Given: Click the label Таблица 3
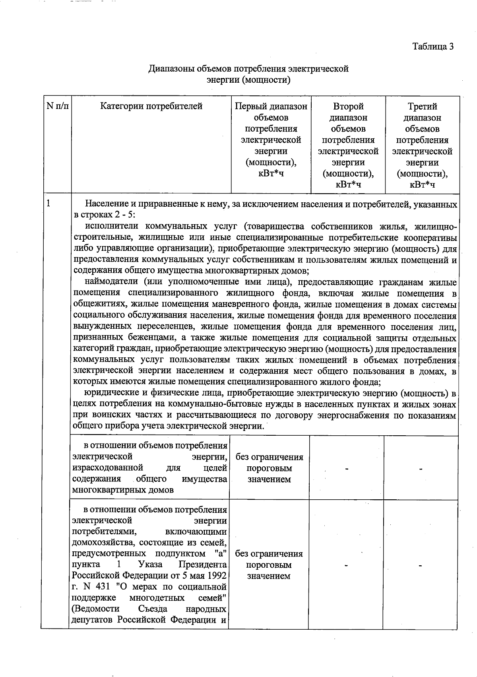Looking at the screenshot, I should click(x=433, y=47).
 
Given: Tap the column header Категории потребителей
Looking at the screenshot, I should click(x=151, y=107).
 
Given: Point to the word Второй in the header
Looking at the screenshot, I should click(x=348, y=107).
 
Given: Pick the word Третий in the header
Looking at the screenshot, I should click(x=422, y=107).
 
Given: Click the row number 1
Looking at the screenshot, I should click(x=48, y=204).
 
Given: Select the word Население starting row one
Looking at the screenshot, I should click(x=104, y=204).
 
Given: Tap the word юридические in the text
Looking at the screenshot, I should click(x=111, y=394).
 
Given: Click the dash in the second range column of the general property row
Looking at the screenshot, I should click(x=347, y=469).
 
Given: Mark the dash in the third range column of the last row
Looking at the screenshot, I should click(x=421, y=565).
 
